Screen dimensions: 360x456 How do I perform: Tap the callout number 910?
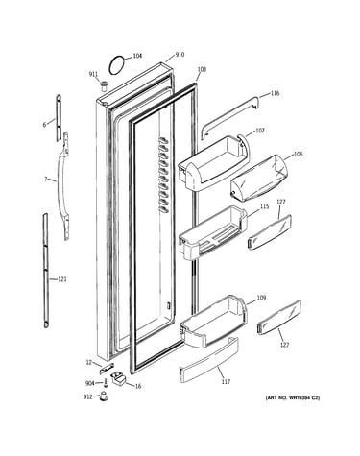[x=180, y=55]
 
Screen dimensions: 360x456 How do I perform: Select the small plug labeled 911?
[x=103, y=85]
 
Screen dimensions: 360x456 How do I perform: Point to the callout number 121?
[x=62, y=279]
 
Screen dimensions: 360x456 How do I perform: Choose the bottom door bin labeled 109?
[x=214, y=322]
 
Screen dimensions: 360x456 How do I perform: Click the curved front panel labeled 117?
[x=209, y=360]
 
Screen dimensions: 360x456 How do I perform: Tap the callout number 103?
[x=202, y=69]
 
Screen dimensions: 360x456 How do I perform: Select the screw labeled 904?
[x=106, y=382]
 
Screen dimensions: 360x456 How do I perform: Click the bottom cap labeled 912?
[x=103, y=396]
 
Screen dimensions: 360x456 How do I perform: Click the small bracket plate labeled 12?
[x=107, y=369]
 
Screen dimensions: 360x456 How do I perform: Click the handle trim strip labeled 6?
[x=59, y=117]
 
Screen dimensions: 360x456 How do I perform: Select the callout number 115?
[x=264, y=206]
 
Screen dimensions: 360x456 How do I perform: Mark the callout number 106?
[x=298, y=154]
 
